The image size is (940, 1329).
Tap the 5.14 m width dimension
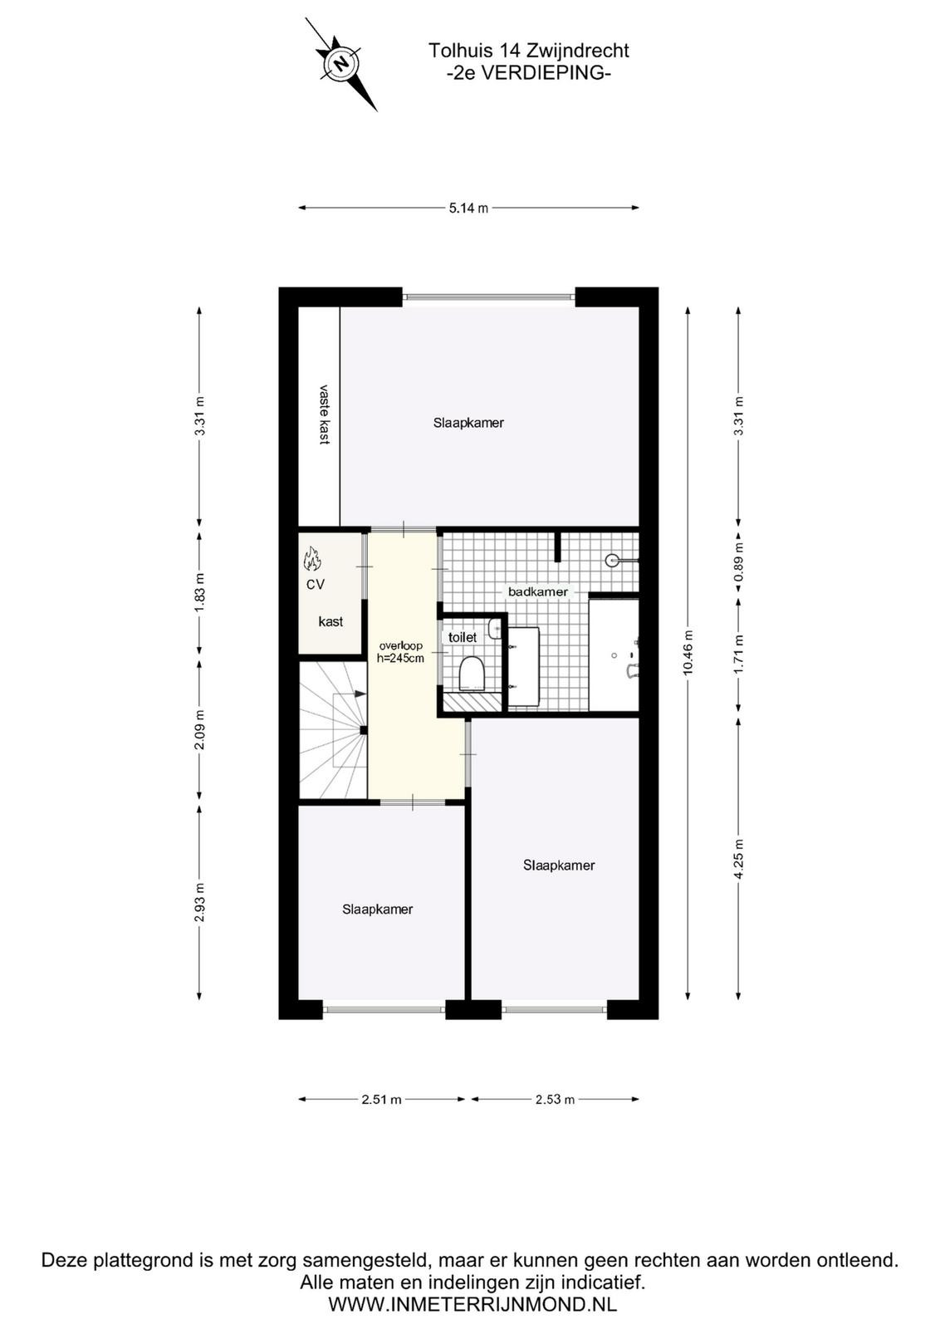coord(468,208)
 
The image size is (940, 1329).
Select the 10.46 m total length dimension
coord(688,652)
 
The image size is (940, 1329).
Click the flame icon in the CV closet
coord(312,558)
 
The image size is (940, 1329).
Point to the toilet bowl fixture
coord(472,674)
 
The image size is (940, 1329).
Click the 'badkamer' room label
coord(538,591)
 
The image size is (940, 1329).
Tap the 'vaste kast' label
coord(324,414)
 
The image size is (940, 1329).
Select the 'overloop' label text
coord(401,645)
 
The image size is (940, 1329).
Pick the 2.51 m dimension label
coord(381,1100)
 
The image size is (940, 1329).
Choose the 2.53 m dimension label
coord(555,1100)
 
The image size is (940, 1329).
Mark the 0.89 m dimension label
coord(738,564)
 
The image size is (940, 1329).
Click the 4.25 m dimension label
coord(738,860)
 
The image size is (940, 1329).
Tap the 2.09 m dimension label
coord(200,730)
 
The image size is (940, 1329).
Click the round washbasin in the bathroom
coord(612,560)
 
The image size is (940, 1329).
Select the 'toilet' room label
coord(463,637)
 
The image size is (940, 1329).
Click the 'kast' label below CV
coord(330,622)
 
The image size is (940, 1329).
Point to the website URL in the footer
coord(472,1305)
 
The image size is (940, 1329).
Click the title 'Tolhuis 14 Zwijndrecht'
coord(528,51)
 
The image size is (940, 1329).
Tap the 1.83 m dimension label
coord(200,592)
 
